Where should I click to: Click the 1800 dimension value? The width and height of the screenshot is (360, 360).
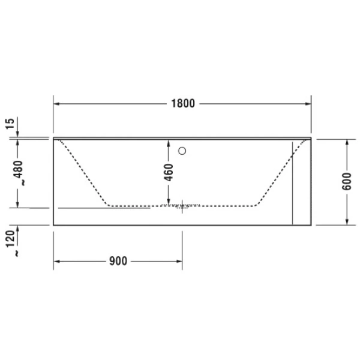182,103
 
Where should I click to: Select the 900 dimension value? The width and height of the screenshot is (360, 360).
118,261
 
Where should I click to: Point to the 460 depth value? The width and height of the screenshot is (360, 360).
168,172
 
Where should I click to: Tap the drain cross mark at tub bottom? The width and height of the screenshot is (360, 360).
183,206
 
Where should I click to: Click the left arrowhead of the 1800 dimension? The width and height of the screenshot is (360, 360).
58,103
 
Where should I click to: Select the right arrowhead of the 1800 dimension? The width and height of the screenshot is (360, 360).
307,103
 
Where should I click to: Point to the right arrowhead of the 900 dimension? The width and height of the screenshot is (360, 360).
179,261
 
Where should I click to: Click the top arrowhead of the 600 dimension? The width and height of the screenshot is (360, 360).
347,142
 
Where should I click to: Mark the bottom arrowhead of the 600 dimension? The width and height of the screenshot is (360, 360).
347,221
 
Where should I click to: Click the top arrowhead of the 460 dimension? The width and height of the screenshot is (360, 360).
168,143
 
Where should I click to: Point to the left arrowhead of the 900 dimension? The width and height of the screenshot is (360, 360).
58,261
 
